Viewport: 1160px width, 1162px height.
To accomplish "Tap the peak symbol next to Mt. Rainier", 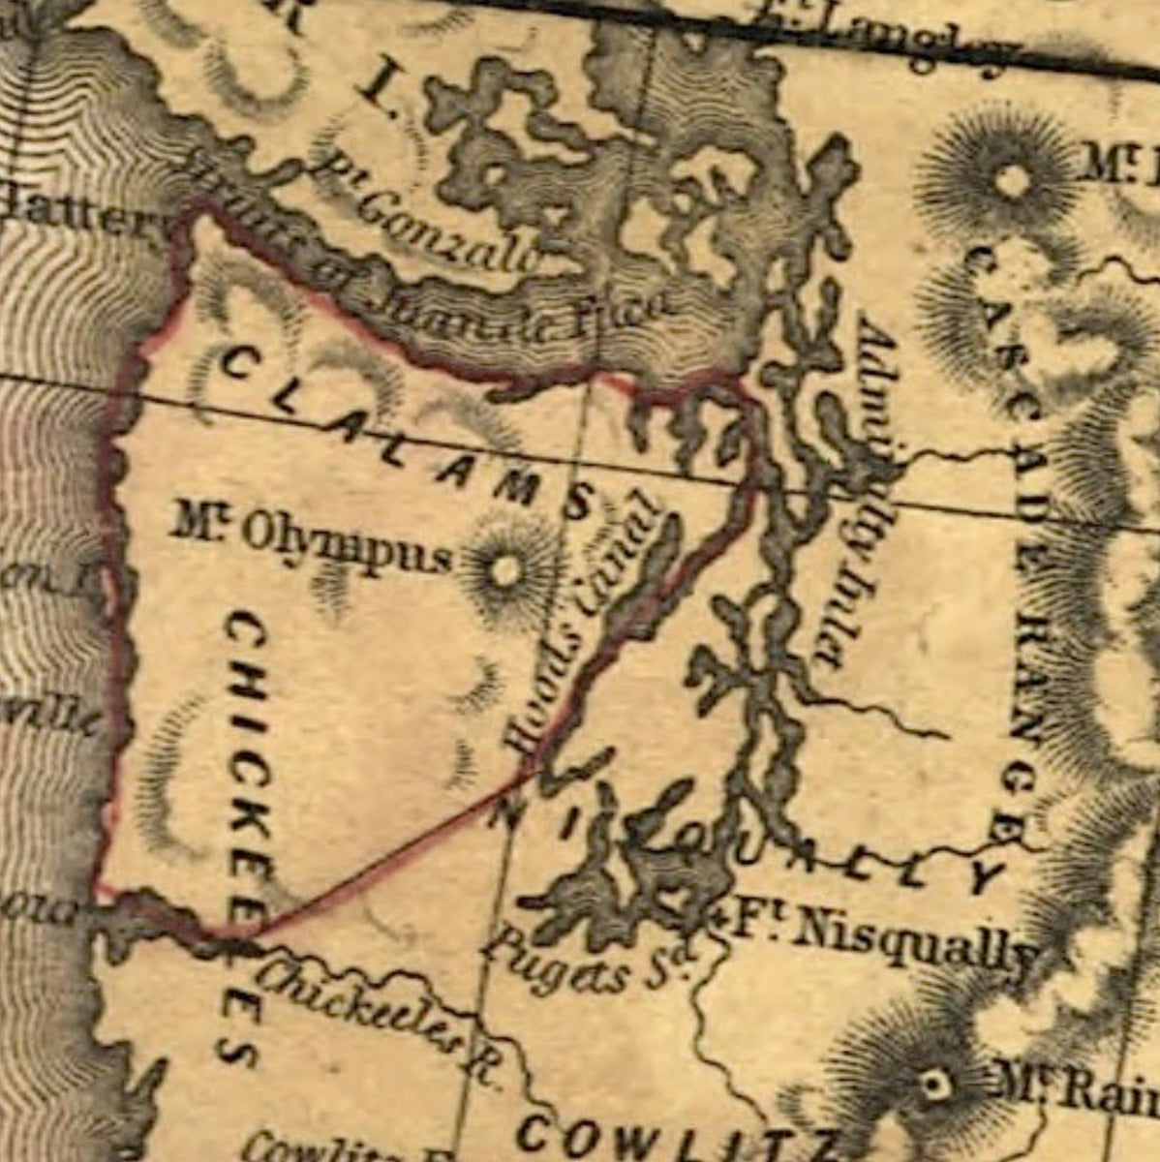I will pos(934,1084).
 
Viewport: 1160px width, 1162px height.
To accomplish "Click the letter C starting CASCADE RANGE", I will pos(980,258).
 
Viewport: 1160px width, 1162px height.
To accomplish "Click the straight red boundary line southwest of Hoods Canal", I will pos(387,852).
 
